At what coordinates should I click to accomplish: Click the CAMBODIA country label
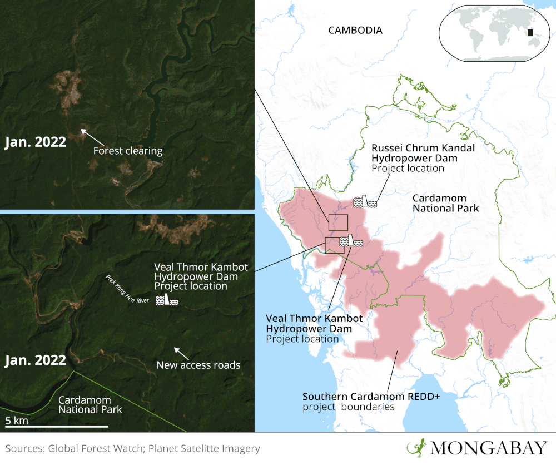[x=355, y=31]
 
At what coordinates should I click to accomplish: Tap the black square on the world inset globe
[x=530, y=33]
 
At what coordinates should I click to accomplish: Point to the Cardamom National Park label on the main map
[x=439, y=203]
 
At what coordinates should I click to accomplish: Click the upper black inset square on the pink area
[x=338, y=222]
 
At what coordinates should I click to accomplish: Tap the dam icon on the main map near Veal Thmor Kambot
[x=351, y=241]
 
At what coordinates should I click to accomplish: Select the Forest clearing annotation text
[x=128, y=151]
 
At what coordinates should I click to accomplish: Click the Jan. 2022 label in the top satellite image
[x=35, y=142]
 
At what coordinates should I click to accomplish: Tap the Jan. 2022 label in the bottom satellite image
[x=35, y=360]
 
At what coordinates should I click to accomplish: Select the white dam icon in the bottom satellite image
[x=166, y=300]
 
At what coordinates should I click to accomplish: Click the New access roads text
[x=198, y=365]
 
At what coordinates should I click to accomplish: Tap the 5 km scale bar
[x=56, y=427]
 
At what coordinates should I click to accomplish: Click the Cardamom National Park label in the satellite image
[x=90, y=405]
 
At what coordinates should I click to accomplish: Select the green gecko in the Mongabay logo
[x=415, y=447]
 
